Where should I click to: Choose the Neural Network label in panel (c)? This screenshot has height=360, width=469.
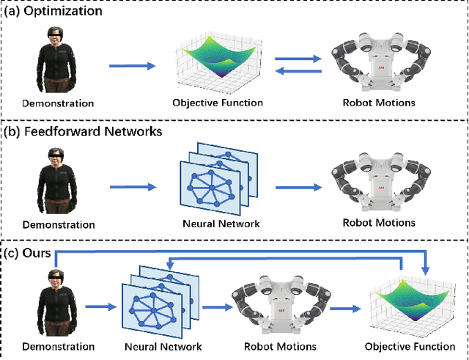click(x=154, y=346)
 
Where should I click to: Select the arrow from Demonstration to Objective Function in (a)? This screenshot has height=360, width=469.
click(x=133, y=66)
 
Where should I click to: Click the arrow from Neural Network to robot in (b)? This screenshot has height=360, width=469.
click(x=299, y=188)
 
